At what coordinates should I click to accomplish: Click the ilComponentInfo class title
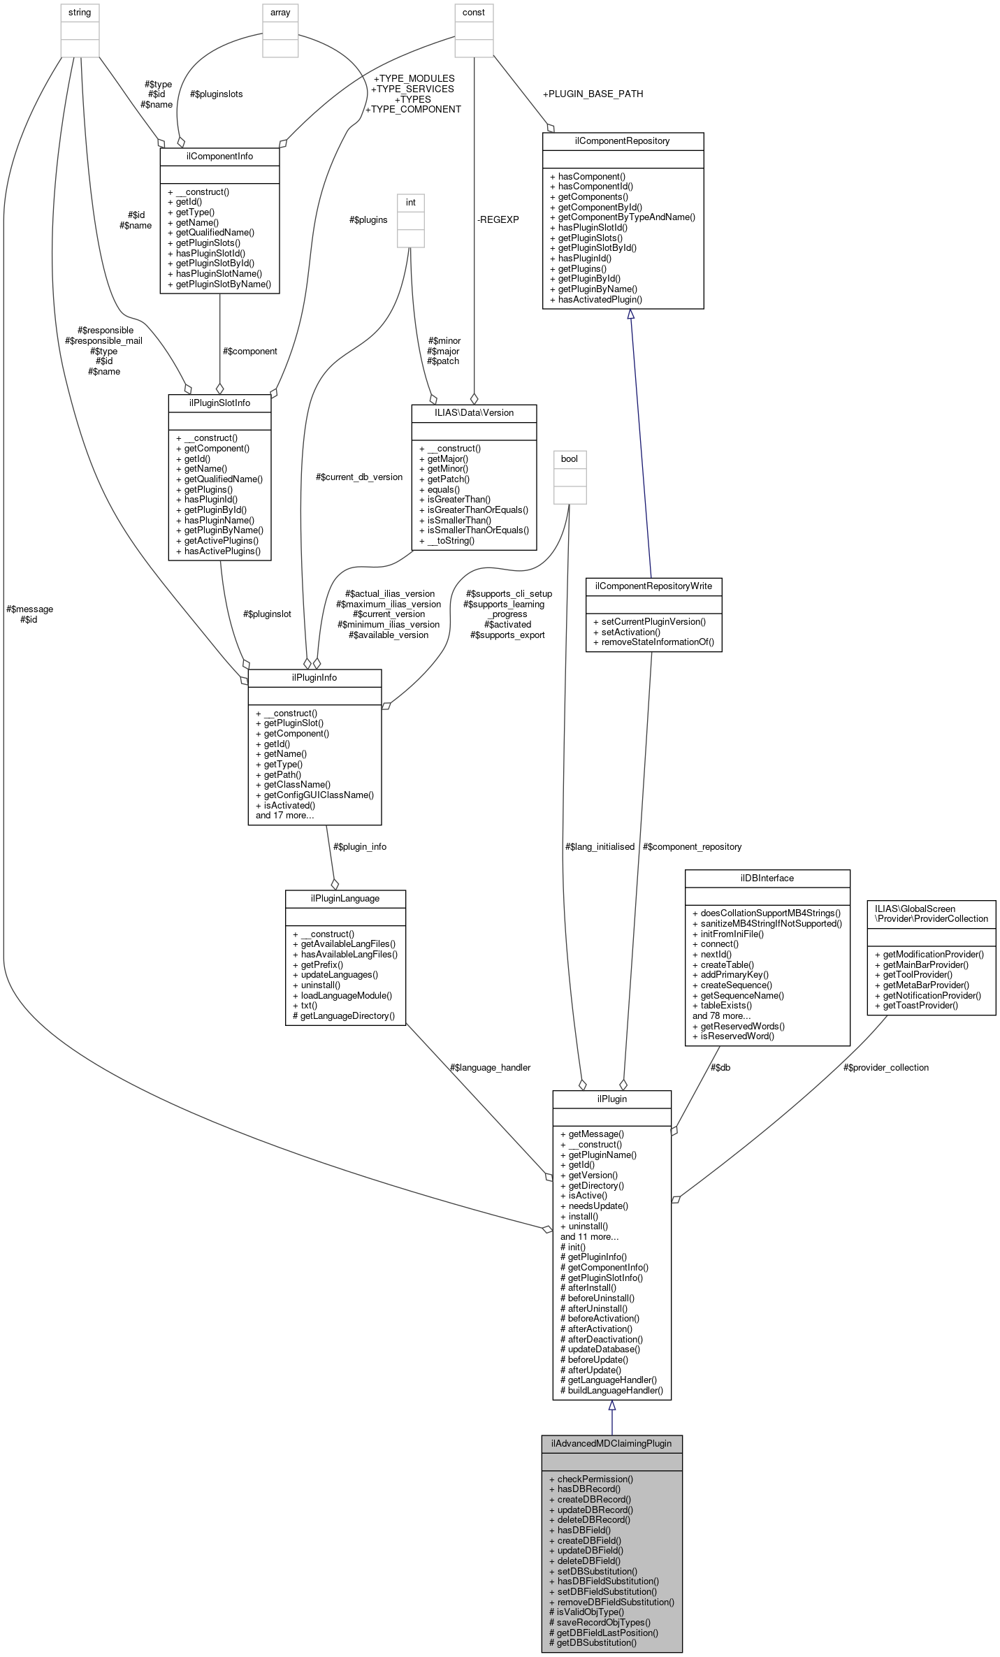pyautogui.click(x=219, y=157)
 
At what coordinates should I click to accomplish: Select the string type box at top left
pyautogui.click(x=80, y=13)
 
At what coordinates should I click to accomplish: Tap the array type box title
pyautogui.click(x=280, y=13)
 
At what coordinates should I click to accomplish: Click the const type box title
pyautogui.click(x=474, y=13)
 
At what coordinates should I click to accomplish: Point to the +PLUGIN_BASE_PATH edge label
pyautogui.click(x=593, y=94)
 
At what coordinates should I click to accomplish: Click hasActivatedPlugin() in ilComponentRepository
pyautogui.click(x=600, y=299)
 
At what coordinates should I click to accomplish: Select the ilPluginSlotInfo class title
pyautogui.click(x=219, y=403)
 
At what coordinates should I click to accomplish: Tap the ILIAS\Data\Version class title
pyautogui.click(x=474, y=413)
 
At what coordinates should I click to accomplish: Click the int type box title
pyautogui.click(x=411, y=203)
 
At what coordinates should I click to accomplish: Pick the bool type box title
pyautogui.click(x=570, y=459)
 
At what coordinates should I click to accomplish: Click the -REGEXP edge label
pyautogui.click(x=498, y=219)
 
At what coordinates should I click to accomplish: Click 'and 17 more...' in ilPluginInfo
pyautogui.click(x=284, y=815)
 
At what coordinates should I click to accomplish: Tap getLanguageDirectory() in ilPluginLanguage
pyautogui.click(x=347, y=1015)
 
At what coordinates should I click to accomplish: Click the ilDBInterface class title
pyautogui.click(x=767, y=878)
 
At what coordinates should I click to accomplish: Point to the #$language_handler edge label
pyautogui.click(x=490, y=1067)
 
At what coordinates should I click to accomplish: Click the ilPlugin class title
pyautogui.click(x=611, y=1099)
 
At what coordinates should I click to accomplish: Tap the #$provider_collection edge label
pyautogui.click(x=885, y=1067)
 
